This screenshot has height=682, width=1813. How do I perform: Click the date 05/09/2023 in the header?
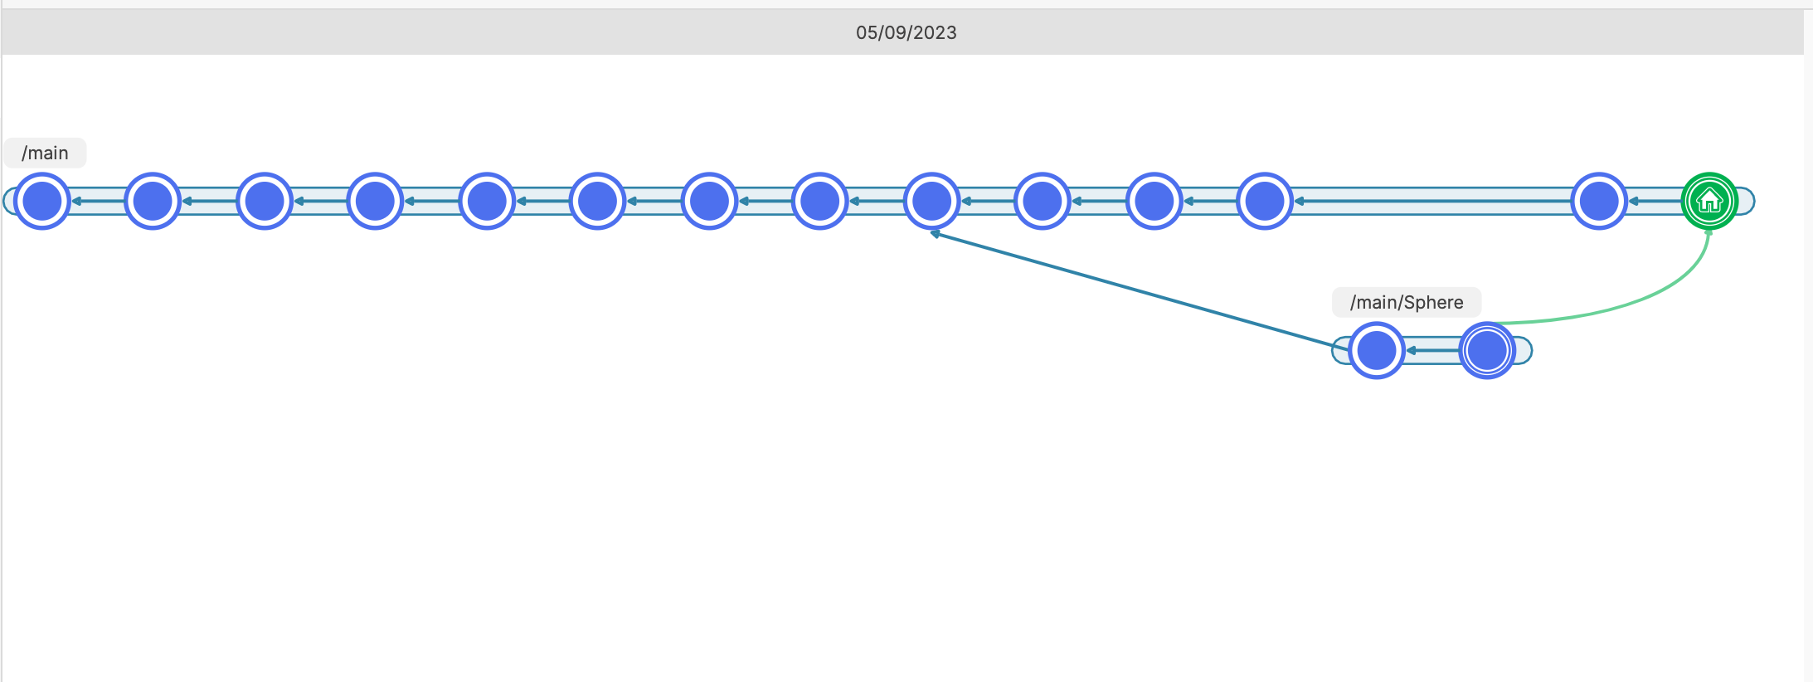tap(906, 32)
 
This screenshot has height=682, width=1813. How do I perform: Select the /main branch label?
tap(45, 153)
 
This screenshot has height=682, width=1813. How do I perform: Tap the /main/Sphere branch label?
tap(1407, 302)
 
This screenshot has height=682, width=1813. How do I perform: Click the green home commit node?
tap(1709, 201)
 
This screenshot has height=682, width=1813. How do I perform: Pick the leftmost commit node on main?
tap(42, 201)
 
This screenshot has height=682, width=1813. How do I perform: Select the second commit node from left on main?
tap(153, 201)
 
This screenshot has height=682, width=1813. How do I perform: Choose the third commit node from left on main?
tap(265, 201)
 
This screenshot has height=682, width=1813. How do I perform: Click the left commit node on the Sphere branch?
tap(1376, 350)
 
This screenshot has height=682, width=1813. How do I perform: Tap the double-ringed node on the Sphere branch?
tap(1487, 350)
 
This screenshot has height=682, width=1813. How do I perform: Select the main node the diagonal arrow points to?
tap(931, 201)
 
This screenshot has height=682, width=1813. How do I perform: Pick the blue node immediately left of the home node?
tap(1599, 201)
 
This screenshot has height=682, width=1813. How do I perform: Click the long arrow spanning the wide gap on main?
tap(1432, 201)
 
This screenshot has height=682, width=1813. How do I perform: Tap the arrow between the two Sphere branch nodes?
tap(1432, 350)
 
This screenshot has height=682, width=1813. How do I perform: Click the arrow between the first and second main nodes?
tap(98, 201)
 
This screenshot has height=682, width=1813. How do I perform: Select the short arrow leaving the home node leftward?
tap(1655, 201)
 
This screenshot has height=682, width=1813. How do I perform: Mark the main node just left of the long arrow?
tap(1265, 201)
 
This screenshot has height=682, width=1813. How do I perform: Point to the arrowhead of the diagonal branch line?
tap(935, 234)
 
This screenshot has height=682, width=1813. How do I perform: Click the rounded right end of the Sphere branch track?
tap(1524, 350)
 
